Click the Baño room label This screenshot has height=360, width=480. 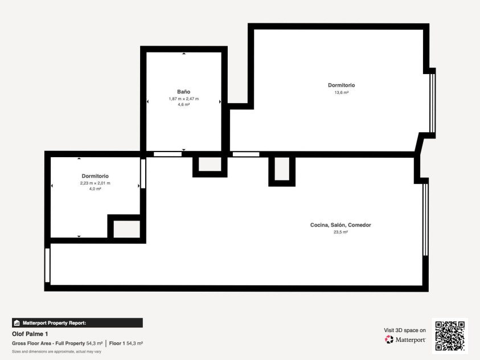click(184, 92)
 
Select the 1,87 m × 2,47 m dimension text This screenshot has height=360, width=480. click(184, 99)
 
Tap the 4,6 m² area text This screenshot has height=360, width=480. click(184, 104)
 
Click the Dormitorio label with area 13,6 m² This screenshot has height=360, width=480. click(341, 85)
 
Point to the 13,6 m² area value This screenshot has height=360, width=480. click(341, 92)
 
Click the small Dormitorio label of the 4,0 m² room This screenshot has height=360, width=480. click(95, 176)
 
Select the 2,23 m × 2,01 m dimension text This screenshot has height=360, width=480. click(95, 183)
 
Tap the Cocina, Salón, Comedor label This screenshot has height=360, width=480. click(340, 224)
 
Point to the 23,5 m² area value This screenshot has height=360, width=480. click(340, 232)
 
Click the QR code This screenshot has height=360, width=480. click(450, 336)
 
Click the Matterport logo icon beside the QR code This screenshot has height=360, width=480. click(389, 339)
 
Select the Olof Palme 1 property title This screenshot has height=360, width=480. click(30, 334)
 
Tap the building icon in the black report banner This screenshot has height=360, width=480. click(17, 323)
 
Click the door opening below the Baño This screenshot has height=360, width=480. click(168, 154)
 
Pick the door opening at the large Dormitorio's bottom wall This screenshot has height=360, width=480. click(246, 154)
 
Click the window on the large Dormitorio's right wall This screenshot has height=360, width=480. click(432, 103)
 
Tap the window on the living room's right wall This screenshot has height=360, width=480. click(425, 219)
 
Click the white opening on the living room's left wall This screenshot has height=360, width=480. click(47, 265)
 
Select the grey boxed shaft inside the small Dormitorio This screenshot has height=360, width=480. click(127, 229)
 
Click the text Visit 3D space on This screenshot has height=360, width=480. click(405, 330)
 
